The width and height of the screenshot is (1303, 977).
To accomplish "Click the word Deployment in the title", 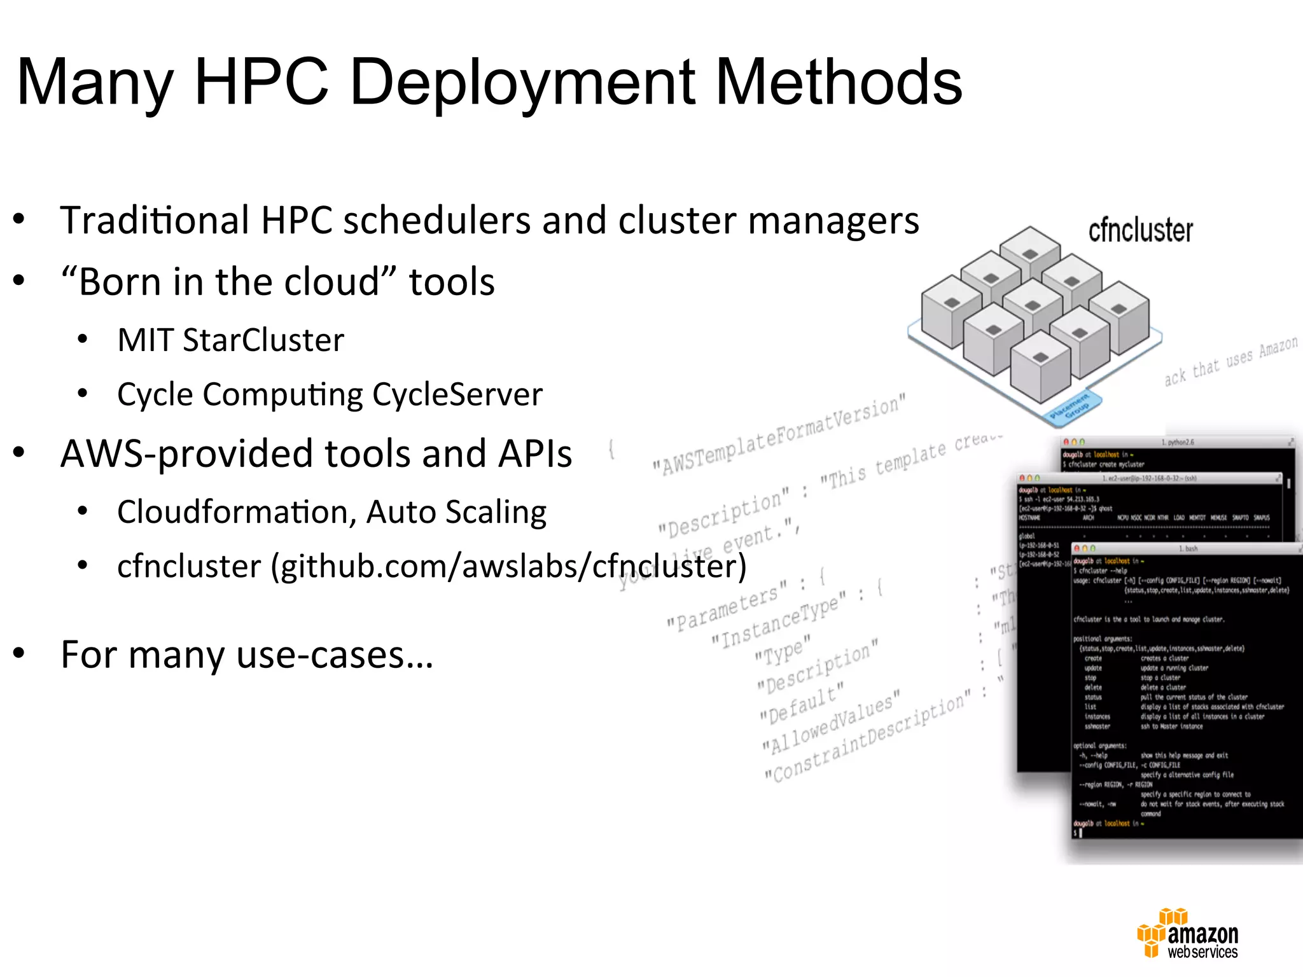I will [x=522, y=83].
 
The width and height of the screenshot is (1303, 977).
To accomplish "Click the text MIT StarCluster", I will [x=231, y=340].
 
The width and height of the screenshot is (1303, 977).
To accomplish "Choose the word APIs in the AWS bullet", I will [x=535, y=454].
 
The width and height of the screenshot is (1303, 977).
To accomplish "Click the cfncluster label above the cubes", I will [x=1140, y=230].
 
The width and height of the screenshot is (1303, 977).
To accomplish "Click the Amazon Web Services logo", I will [x=1188, y=934].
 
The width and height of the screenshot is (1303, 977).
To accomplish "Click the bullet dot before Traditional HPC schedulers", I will [x=19, y=219].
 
